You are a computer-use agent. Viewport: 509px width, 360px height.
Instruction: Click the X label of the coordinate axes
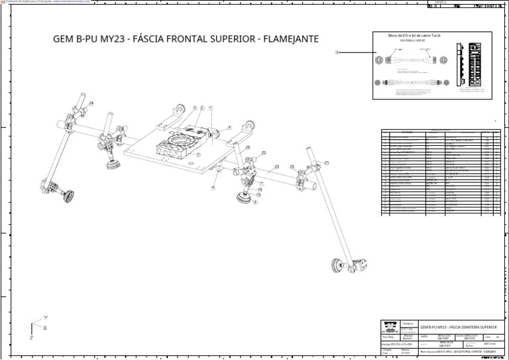[x=44, y=328]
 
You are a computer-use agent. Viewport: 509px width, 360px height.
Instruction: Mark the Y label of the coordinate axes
[x=45, y=318]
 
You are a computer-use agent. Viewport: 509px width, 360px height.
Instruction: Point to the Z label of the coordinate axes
[x=30, y=338]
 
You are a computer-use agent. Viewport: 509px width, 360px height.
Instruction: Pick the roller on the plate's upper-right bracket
[x=251, y=125]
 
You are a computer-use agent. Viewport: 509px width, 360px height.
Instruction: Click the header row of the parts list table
[x=440, y=131]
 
